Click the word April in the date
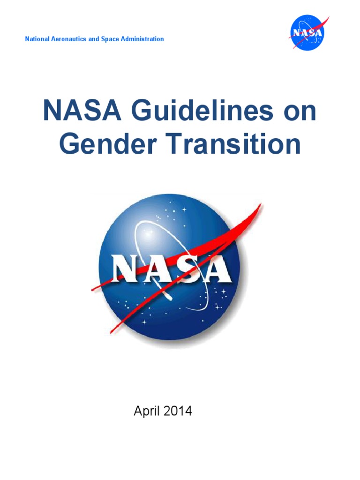[147, 412]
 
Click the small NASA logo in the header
[307, 33]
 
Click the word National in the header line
[37, 39]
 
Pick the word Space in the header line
[110, 39]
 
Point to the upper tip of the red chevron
[261, 205]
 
